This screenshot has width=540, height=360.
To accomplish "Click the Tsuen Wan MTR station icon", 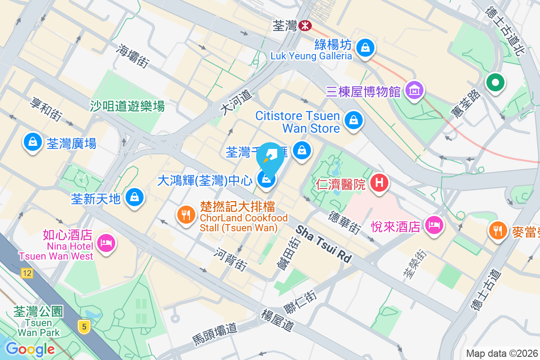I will click(305, 25).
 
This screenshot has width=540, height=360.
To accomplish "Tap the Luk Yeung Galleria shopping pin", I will click(365, 46).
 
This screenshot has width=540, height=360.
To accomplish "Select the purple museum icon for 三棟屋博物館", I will click(414, 90).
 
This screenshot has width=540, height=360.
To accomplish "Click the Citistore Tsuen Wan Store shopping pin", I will click(354, 120).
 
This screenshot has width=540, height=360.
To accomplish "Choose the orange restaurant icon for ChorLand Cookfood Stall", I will click(185, 213).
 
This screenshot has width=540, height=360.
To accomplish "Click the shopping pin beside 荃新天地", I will click(134, 197).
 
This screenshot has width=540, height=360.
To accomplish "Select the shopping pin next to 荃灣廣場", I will click(32, 142).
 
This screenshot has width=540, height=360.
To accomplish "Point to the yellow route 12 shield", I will click(27, 273).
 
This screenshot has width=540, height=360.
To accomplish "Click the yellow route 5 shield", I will click(83, 326).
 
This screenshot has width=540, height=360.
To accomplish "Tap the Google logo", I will click(30, 349).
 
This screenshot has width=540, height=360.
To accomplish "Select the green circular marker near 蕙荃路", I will click(495, 83).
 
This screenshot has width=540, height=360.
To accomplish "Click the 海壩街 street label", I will click(134, 56).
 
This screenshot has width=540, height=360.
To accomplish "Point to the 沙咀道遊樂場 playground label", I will click(127, 106).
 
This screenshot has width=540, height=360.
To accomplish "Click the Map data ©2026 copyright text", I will click(502, 353).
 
